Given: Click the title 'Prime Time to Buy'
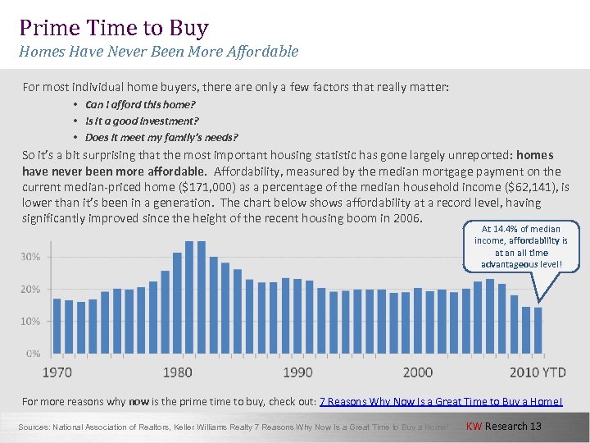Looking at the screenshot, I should (114, 28).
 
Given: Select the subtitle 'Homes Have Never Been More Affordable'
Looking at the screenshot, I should (159, 52).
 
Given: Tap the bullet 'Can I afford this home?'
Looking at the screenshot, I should (140, 105).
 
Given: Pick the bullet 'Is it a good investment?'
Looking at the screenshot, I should (142, 121).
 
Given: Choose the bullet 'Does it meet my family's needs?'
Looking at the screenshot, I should (161, 137).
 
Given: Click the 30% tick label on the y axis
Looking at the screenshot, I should (30, 257).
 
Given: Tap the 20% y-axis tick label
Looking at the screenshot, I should (30, 289).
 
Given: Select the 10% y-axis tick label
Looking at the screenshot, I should (30, 322).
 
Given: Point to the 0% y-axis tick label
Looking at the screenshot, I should (33, 354).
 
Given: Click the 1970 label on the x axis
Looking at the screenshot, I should (57, 372).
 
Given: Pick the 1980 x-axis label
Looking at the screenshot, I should (177, 372).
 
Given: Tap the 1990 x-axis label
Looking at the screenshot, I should (297, 372).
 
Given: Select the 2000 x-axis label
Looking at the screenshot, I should (417, 372).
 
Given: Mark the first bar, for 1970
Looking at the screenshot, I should (57, 326).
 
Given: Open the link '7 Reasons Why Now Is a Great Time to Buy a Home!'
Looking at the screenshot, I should (441, 401).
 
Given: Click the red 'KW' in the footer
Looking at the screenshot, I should (474, 426).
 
